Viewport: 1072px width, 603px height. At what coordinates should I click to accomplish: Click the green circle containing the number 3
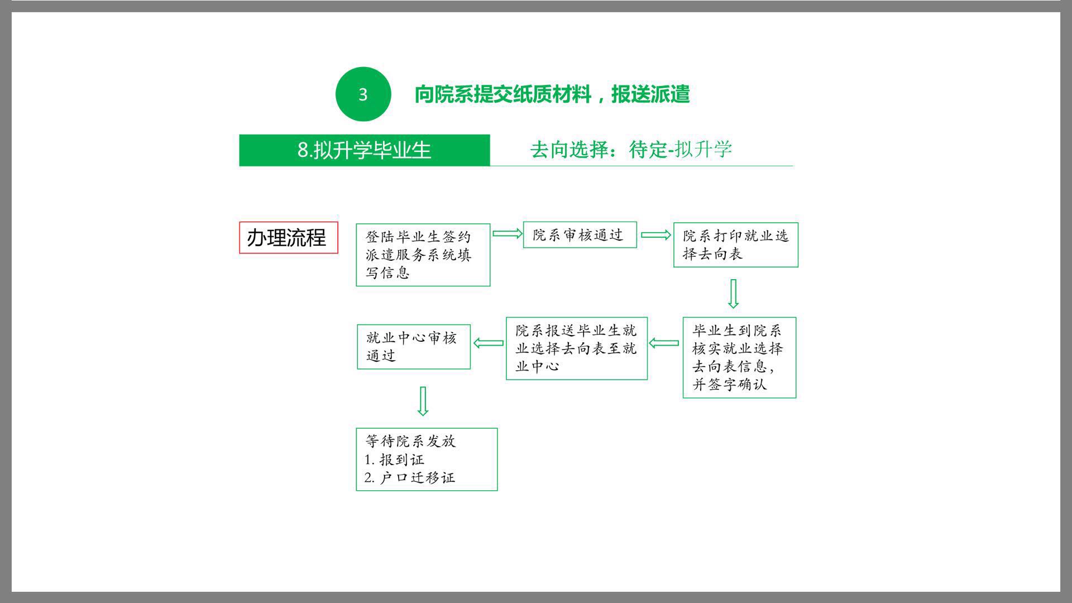click(363, 94)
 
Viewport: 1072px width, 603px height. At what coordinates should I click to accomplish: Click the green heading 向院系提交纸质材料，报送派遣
click(552, 94)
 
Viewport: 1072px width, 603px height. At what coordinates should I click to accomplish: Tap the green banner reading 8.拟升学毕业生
click(364, 150)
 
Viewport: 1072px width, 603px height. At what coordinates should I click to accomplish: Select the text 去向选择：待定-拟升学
click(631, 149)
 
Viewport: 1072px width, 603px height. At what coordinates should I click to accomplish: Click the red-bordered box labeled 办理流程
click(289, 238)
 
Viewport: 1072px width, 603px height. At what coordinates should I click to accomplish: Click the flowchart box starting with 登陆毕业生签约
click(423, 255)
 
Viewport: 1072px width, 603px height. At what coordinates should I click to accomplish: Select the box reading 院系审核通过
click(580, 235)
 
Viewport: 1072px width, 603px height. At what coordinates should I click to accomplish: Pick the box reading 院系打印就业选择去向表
click(736, 245)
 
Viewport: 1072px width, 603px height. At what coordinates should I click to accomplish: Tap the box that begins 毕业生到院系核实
click(739, 357)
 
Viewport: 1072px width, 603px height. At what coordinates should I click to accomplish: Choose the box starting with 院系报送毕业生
click(577, 348)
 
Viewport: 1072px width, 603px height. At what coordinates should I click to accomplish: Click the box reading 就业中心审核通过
click(414, 347)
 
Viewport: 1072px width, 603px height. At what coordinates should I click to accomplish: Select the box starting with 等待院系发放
click(427, 460)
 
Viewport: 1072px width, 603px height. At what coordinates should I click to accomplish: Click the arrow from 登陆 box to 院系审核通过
click(507, 233)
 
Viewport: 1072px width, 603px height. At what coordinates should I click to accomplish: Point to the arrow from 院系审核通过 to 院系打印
click(655, 235)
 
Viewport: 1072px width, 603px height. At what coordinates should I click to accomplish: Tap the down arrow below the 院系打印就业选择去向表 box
click(734, 294)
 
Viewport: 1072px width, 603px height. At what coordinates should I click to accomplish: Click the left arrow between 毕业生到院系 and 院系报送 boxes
click(664, 343)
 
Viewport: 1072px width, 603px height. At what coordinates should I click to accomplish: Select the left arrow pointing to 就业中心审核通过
click(489, 343)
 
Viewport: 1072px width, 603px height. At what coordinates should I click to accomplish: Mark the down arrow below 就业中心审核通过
click(423, 401)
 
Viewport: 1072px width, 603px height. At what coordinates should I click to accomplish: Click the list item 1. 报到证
click(394, 460)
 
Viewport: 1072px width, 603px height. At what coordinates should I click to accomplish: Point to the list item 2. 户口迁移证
click(410, 477)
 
